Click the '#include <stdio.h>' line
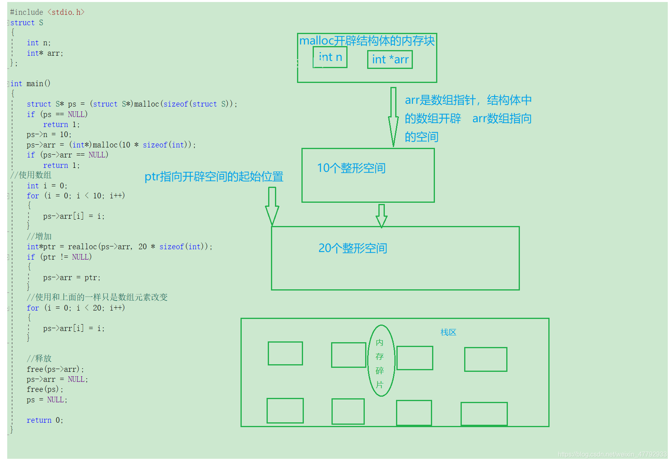click(47, 12)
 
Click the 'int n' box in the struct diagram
click(330, 57)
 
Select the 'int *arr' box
click(390, 60)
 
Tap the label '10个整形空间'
click(351, 168)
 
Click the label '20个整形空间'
click(353, 248)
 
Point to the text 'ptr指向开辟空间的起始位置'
click(214, 177)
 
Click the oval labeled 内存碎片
click(381, 361)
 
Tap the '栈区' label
click(448, 332)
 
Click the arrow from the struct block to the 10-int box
click(393, 116)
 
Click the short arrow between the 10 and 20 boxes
click(382, 216)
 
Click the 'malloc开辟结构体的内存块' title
click(367, 40)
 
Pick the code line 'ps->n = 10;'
click(49, 135)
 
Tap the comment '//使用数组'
click(31, 175)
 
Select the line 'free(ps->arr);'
click(55, 369)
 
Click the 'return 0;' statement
click(45, 420)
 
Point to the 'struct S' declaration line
click(26, 23)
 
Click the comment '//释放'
click(39, 359)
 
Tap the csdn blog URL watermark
click(612, 454)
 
